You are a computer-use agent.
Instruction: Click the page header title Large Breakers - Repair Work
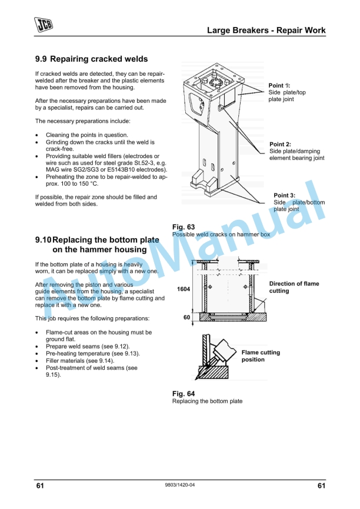point(266,30)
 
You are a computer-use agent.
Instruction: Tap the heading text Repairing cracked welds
point(99,59)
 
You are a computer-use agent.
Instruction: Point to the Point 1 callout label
point(279,86)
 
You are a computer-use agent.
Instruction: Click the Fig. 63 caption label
point(183,227)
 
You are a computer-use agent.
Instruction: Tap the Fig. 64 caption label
point(183,394)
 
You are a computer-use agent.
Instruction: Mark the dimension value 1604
point(183,289)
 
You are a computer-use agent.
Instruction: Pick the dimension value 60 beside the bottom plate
point(186,317)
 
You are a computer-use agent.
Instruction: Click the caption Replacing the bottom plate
point(207,401)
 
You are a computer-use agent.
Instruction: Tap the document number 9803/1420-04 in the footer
point(180,485)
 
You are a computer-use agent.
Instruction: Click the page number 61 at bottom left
point(40,485)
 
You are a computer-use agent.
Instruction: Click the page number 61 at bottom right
point(321,485)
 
